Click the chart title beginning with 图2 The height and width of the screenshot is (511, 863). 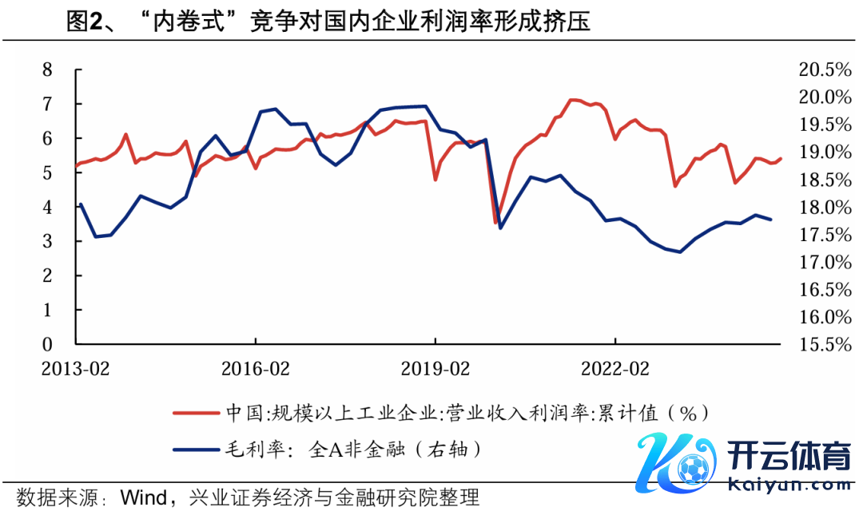[328, 22]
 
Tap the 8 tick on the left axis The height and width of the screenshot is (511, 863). [47, 69]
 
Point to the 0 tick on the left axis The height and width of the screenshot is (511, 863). [47, 344]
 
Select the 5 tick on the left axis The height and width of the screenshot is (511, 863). [47, 172]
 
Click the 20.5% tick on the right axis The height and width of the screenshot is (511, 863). [825, 69]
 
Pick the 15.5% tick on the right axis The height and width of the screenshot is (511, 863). [825, 344]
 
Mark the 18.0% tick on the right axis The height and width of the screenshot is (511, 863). [825, 207]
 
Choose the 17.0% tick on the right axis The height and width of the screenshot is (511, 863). [825, 262]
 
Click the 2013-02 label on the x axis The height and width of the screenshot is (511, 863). [76, 369]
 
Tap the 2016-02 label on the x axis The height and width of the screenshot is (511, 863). [256, 369]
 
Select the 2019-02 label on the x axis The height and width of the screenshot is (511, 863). [435, 369]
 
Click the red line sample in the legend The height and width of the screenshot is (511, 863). [197, 413]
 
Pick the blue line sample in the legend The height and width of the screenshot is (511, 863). [197, 449]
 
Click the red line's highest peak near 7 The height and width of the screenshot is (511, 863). [572, 100]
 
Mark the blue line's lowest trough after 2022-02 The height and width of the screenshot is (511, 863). [680, 252]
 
